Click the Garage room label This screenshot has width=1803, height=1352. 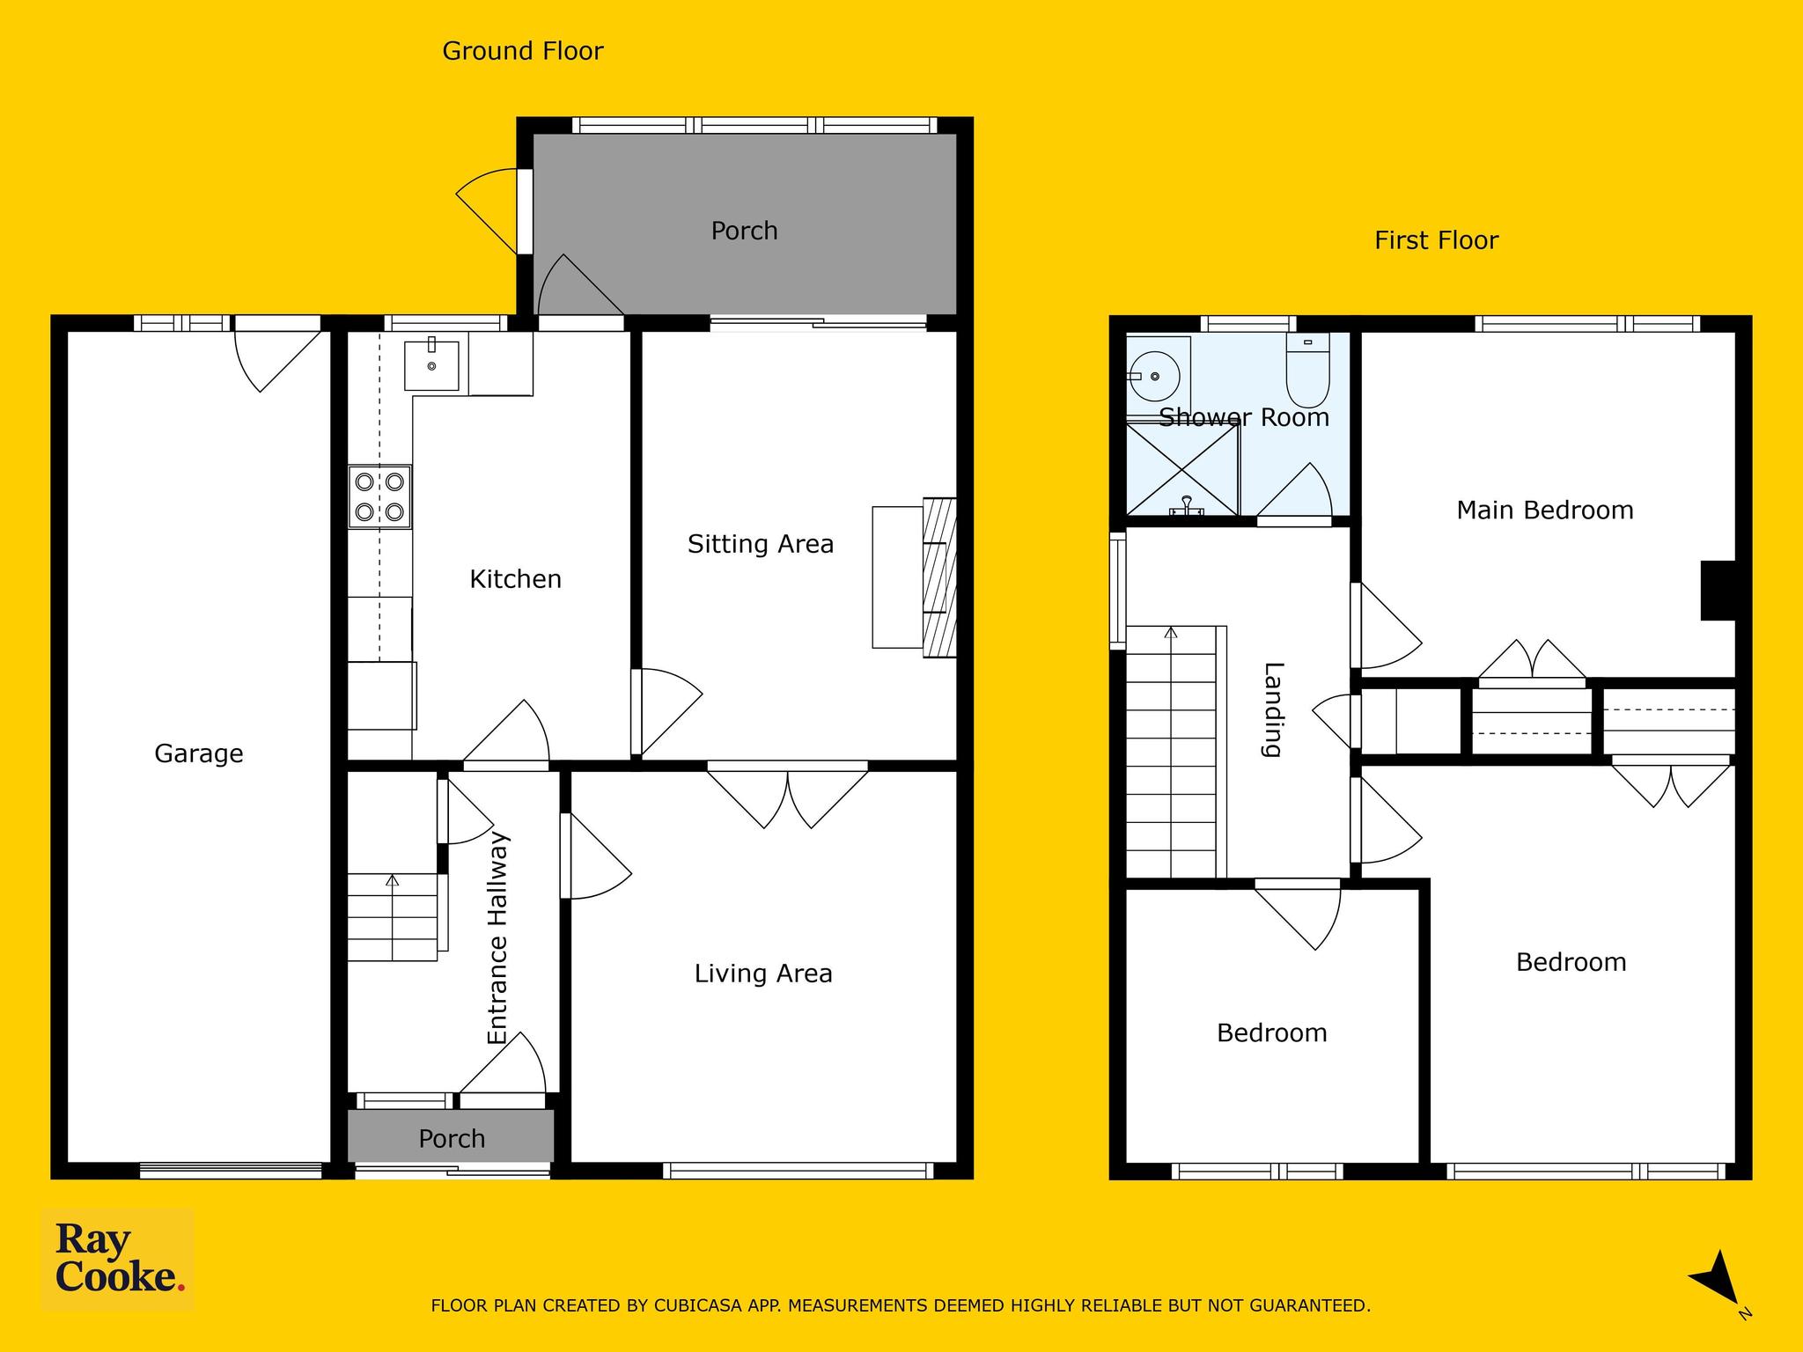pyautogui.click(x=199, y=753)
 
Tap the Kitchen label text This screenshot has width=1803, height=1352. pyautogui.click(x=515, y=579)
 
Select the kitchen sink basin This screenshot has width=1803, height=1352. pyautogui.click(x=431, y=365)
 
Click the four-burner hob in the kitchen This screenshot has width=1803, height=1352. pyautogui.click(x=379, y=496)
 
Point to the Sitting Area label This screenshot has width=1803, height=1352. pyautogui.click(x=761, y=544)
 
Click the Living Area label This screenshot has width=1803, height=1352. pyautogui.click(x=763, y=974)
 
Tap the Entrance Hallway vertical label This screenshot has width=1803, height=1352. pyautogui.click(x=498, y=938)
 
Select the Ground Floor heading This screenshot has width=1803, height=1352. pyautogui.click(x=523, y=51)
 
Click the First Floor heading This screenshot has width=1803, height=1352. pyautogui.click(x=1436, y=240)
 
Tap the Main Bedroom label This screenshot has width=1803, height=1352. pyautogui.click(x=1545, y=511)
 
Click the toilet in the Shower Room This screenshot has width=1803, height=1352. pyautogui.click(x=1308, y=370)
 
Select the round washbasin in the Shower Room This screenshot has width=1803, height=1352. pyautogui.click(x=1154, y=377)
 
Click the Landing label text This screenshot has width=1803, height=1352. pyautogui.click(x=1273, y=709)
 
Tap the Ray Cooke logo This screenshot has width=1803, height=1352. pyautogui.click(x=118, y=1260)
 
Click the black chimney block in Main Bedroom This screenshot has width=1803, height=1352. pyautogui.click(x=1718, y=591)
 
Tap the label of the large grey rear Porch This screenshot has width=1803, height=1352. pyautogui.click(x=744, y=231)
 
